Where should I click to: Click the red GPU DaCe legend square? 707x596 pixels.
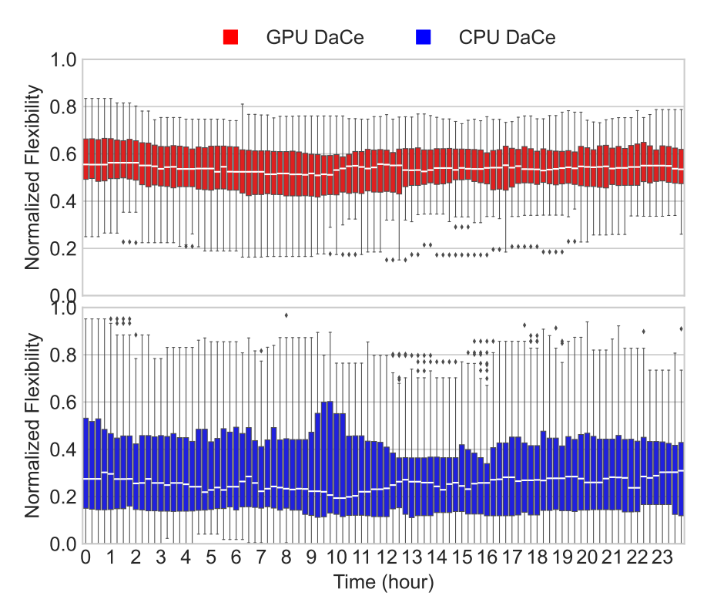tap(231, 36)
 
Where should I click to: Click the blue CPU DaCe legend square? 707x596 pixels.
tap(422, 36)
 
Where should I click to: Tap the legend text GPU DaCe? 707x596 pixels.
tap(314, 37)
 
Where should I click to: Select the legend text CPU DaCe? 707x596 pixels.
tap(506, 37)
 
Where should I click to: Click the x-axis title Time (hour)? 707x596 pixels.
tap(384, 581)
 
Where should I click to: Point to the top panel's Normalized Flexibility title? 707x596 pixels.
tap(32, 178)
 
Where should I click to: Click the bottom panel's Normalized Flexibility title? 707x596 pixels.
tap(32, 425)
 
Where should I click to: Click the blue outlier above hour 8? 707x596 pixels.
tap(286, 315)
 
